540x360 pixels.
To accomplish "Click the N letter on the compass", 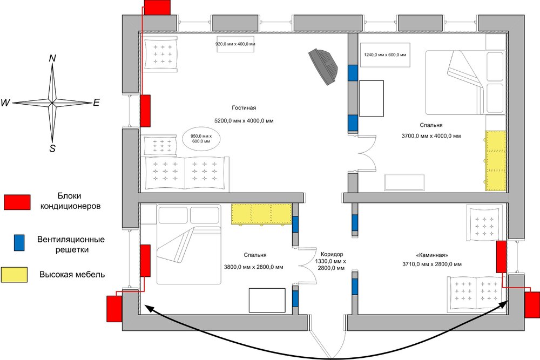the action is point(52,58).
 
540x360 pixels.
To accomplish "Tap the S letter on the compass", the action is point(52,148).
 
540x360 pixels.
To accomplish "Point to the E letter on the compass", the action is point(97,103).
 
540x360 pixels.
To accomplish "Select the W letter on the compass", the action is point(6,103).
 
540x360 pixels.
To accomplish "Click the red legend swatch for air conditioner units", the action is point(17,202).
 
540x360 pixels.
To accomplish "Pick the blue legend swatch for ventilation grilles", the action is point(19,243).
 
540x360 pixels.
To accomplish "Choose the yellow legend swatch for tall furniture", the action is point(14,275).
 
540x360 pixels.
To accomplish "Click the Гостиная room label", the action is point(244,108).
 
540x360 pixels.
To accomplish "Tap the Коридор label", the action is point(332,254).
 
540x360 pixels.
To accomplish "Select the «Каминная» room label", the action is point(432,255).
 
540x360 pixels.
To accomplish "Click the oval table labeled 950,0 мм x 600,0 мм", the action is point(201,139).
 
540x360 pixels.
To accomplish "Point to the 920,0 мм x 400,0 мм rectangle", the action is point(235,44).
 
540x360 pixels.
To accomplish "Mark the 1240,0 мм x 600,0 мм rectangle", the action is point(385,55).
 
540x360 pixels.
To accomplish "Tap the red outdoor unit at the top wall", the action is point(157,7).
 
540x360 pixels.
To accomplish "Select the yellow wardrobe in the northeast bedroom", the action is point(496,161).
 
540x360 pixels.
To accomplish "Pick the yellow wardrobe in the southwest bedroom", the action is point(262,214).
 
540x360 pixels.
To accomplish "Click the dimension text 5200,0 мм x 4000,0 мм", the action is point(244,121).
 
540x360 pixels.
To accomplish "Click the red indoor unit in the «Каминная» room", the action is point(501,257).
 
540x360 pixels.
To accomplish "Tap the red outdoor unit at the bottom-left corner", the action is point(114,309).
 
